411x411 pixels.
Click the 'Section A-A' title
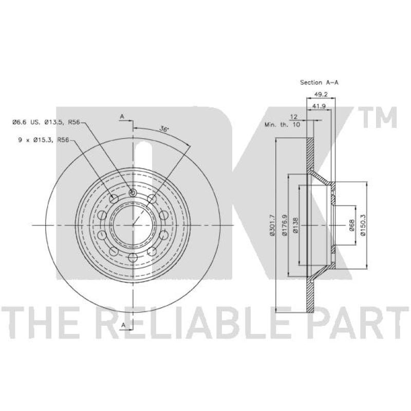(319, 82)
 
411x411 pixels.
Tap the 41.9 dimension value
(319, 106)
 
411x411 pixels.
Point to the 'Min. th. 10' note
(282, 124)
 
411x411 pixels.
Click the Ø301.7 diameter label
(272, 225)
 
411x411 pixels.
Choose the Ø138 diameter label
(295, 225)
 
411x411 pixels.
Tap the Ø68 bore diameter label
(351, 225)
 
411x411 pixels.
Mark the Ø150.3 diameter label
(363, 225)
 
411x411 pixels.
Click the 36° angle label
(164, 129)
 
